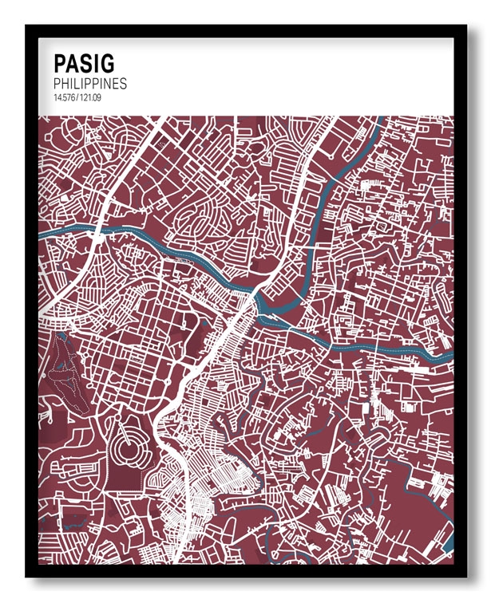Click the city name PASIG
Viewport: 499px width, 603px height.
click(83, 63)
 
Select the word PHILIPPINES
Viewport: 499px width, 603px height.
click(89, 83)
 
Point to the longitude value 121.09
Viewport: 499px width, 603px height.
click(89, 97)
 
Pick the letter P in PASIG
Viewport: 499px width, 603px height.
click(60, 63)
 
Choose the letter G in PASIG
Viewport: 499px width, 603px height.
click(106, 63)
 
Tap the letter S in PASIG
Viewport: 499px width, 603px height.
click(87, 63)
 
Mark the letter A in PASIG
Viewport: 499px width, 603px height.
click(73, 63)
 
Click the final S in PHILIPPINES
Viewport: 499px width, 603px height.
click(123, 83)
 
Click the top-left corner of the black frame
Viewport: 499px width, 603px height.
click(27, 27)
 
